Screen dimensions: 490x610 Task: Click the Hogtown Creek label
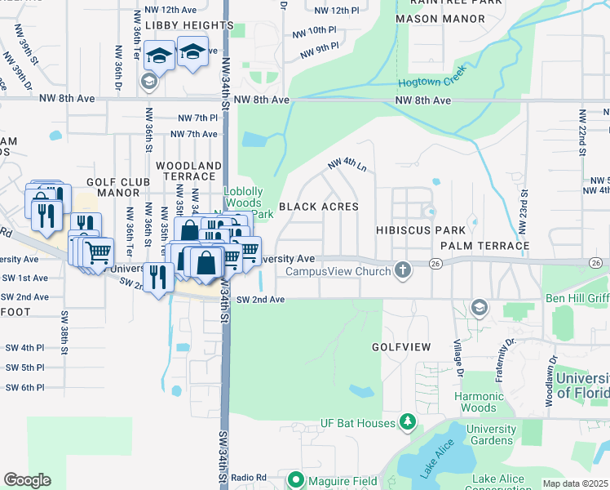coord(431,78)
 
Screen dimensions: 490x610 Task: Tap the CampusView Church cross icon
coord(402,269)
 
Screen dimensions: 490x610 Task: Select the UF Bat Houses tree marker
coord(408,422)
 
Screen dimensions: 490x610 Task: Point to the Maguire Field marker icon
coord(296,479)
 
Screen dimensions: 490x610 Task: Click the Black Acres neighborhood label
coord(319,207)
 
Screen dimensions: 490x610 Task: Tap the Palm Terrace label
coord(484,245)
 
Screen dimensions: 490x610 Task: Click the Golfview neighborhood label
coord(400,347)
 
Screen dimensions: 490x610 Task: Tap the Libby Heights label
coord(192,25)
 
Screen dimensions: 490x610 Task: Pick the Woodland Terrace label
coord(188,171)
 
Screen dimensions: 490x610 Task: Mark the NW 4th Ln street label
coord(347,164)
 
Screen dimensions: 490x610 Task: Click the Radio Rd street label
coord(249,478)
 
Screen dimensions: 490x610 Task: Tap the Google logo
coord(27,480)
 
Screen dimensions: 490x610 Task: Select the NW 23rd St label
coord(523,210)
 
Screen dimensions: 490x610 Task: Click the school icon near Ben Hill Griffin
coord(480,307)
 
